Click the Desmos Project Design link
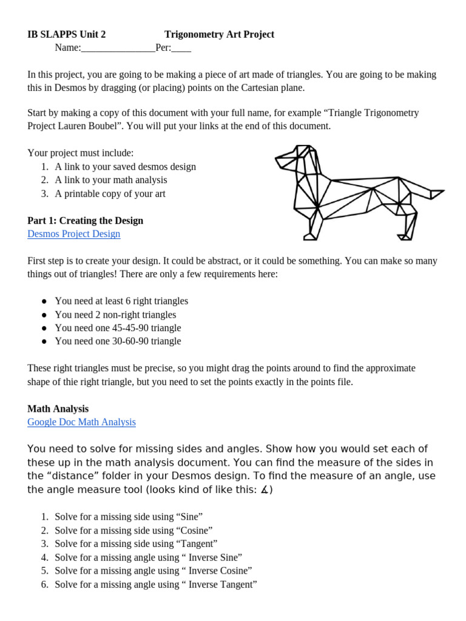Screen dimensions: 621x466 [x=74, y=233]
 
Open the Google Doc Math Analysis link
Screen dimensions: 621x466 [x=81, y=422]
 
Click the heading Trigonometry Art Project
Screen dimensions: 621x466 [x=219, y=35]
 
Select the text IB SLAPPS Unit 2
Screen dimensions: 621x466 [x=67, y=35]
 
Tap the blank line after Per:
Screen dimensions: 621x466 [x=181, y=49]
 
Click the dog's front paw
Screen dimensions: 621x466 [x=309, y=237]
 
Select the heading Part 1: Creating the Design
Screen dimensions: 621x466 [x=86, y=220]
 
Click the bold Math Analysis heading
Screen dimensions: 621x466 [x=58, y=409]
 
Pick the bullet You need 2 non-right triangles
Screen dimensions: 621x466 [x=115, y=315]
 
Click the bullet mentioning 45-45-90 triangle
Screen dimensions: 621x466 [x=118, y=328]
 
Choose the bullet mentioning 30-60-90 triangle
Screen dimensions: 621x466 [x=118, y=341]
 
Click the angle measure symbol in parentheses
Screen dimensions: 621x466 [x=265, y=490]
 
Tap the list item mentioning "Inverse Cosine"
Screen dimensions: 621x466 [x=153, y=571]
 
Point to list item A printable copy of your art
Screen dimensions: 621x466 [x=110, y=194]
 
